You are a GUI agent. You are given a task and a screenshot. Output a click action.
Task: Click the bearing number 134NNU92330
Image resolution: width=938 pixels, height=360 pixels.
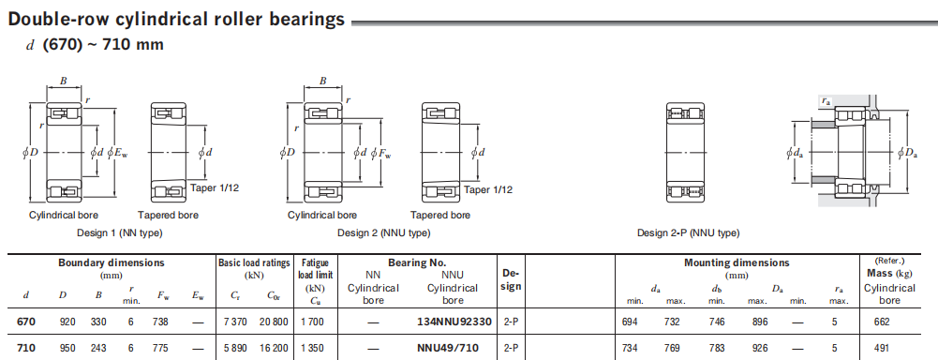tap(454, 322)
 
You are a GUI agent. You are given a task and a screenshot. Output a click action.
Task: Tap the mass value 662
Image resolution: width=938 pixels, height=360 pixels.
tap(882, 322)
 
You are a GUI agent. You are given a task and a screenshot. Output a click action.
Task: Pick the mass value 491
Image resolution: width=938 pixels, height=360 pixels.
tap(882, 348)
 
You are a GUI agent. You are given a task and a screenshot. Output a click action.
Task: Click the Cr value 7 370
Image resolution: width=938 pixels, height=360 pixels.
tap(235, 322)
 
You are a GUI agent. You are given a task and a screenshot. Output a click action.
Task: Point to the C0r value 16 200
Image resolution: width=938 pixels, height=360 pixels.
tap(274, 348)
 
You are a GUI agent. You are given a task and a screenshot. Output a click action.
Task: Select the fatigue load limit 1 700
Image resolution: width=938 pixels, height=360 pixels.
tap(312, 322)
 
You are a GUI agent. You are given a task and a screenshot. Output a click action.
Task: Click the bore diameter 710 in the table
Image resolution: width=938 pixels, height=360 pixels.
tap(25, 348)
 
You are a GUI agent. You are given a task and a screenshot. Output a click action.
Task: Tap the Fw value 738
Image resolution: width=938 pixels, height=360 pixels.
tap(160, 322)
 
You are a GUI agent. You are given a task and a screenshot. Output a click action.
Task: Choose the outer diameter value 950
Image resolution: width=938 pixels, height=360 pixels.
tap(67, 348)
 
